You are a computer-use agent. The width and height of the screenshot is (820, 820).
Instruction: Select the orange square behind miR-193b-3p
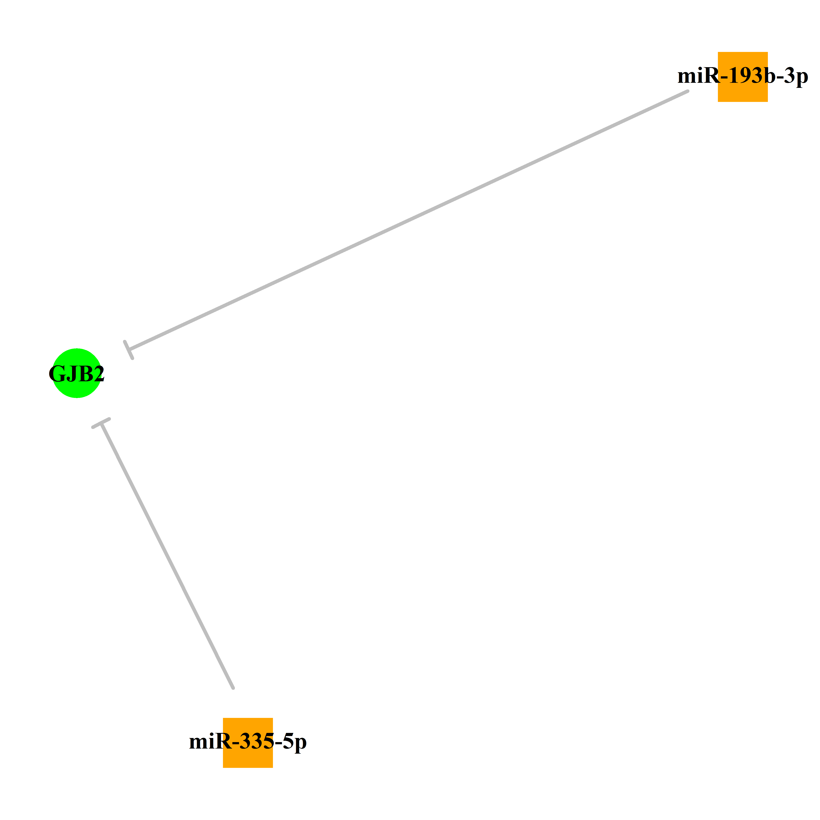coord(743,77)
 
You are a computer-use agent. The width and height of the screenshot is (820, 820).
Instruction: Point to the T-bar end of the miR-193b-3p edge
coord(129,350)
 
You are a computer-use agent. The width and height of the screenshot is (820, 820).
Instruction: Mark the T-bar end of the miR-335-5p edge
coord(101,423)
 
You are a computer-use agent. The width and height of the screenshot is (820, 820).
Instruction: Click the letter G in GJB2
coord(56,374)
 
